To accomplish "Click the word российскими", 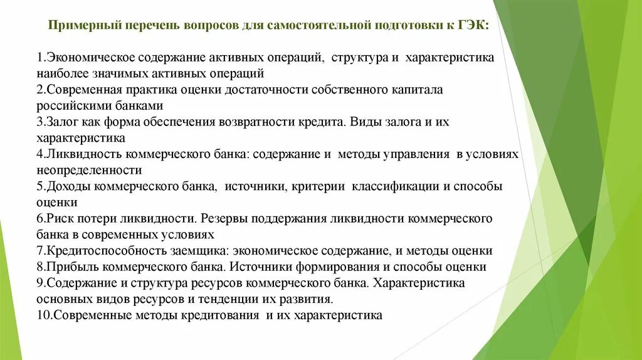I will [70, 105].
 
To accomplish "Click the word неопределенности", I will [88, 170].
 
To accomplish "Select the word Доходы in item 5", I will [66, 186].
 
